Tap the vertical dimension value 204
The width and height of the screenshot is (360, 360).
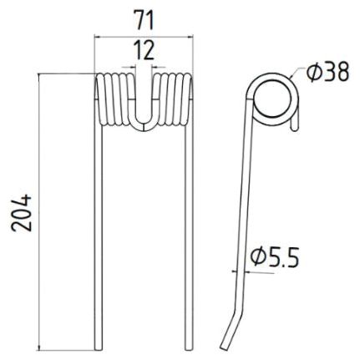click(23, 213)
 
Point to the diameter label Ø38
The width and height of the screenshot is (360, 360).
click(327, 73)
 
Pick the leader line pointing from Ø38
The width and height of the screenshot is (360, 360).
click(297, 79)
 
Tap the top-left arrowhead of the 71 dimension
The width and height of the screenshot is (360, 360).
click(97, 36)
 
